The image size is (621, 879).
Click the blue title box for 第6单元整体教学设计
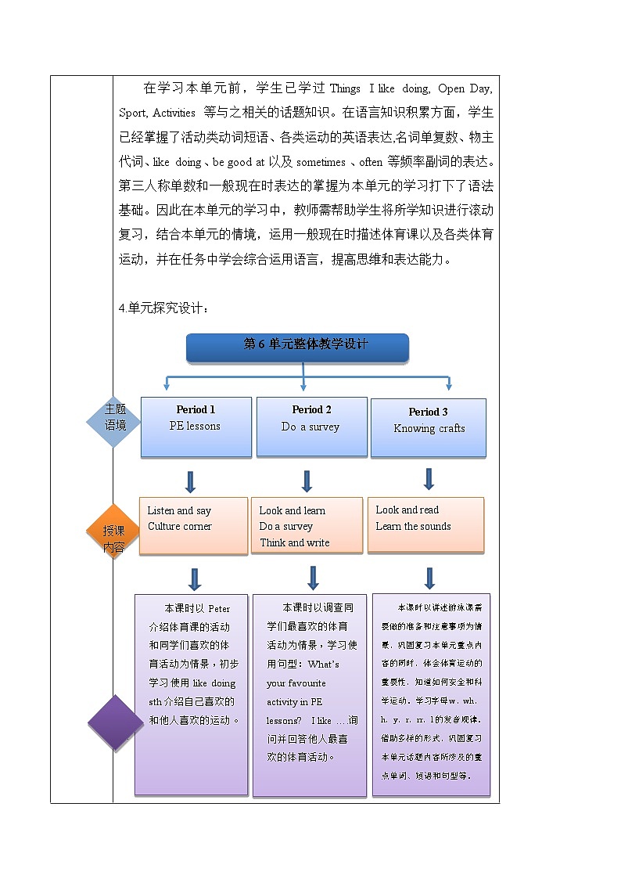pos(297,347)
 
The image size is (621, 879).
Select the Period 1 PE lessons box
pos(196,427)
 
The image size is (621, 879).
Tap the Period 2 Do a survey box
pos(311,427)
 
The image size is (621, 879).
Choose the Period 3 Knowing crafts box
pos(429,428)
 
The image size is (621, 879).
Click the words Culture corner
pos(180,527)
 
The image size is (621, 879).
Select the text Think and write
pos(295,543)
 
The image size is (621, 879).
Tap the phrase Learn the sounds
pos(413,527)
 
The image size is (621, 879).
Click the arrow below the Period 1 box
pos(190,481)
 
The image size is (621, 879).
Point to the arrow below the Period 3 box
pos(429,478)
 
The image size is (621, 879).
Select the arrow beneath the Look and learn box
pos(313,578)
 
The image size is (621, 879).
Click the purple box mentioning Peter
pos(192,693)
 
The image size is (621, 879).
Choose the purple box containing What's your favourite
pos(310,694)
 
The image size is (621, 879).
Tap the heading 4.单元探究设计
pos(163,308)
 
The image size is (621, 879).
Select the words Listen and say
pos(179,511)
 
